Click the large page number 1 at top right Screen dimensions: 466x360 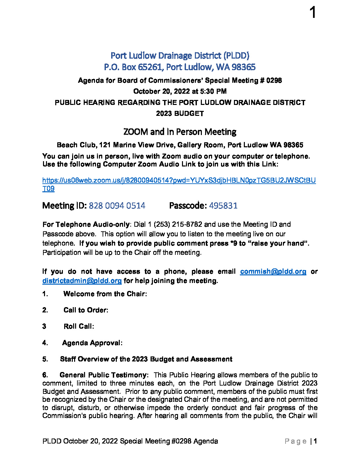tap(313, 13)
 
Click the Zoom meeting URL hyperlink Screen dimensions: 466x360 tap(179, 180)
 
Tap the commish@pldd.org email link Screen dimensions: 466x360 tap(273, 271)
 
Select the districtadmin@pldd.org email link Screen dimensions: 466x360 tap(82, 281)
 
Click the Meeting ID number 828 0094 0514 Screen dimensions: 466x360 tap(117, 206)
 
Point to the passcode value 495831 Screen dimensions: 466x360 tap(223, 206)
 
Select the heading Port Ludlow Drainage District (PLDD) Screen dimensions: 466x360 tap(180, 55)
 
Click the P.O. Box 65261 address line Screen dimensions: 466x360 tap(180, 67)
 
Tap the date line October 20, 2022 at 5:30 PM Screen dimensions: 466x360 tap(180, 91)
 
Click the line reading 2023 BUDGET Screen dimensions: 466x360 tap(180, 114)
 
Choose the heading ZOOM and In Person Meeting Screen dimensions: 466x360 tap(180, 132)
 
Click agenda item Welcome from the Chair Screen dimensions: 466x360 tap(105, 294)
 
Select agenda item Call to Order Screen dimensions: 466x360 tap(86, 310)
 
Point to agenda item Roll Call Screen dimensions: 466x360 tap(79, 326)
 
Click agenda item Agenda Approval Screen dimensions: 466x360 tap(92, 343)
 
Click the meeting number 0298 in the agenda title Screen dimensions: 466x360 tap(274, 80)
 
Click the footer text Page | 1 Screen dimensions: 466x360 tap(300, 441)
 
